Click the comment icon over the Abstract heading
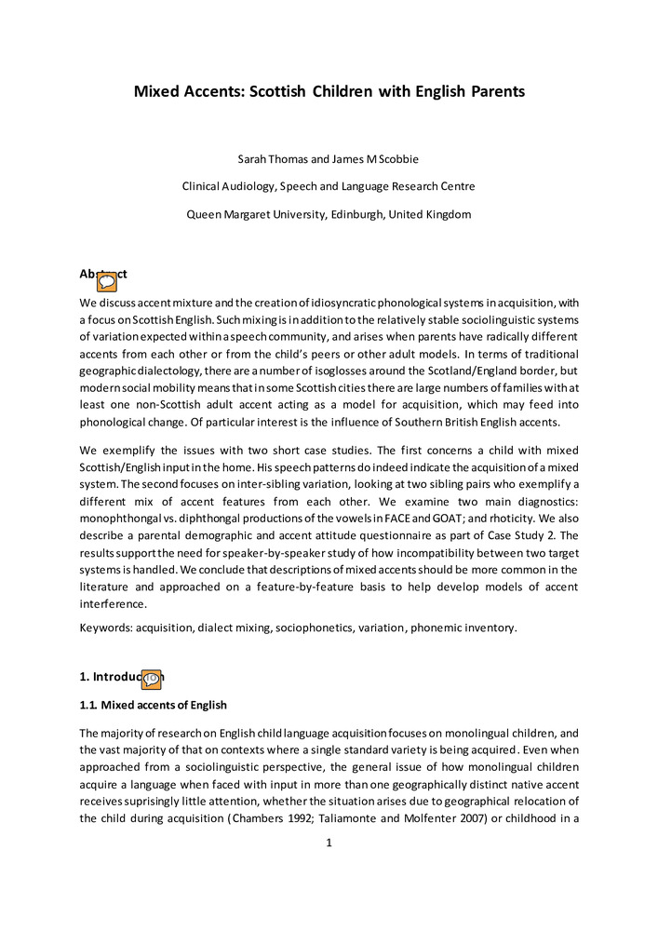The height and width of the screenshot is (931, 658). [107, 280]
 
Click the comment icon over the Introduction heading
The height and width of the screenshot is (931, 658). [151, 680]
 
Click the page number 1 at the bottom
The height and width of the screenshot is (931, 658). [329, 843]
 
